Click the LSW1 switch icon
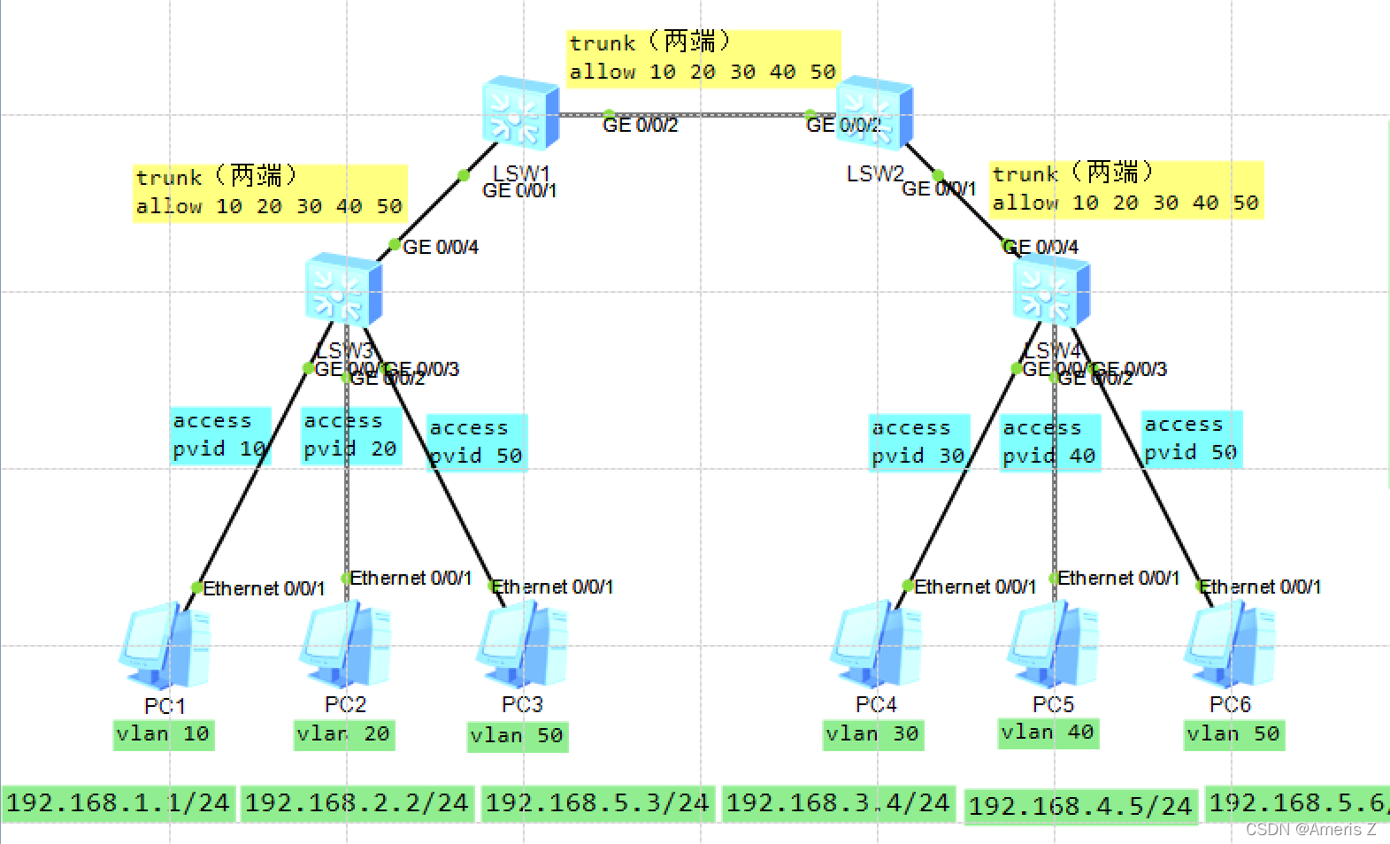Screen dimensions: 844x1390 pos(521,112)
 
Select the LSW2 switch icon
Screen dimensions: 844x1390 pos(875,112)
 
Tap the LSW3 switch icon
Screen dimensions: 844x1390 pos(344,289)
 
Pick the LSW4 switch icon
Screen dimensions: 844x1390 pos(1052,291)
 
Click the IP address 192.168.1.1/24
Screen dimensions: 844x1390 pos(118,803)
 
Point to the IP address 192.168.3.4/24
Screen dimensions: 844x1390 pos(838,803)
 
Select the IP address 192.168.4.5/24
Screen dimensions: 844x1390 pos(1080,806)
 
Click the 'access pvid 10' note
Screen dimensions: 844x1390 pos(219,435)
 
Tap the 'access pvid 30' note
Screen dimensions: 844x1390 pos(918,442)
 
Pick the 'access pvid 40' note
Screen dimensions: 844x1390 pos(1049,442)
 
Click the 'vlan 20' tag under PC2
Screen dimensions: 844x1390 pos(343,734)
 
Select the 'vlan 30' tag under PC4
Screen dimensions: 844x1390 pos(872,734)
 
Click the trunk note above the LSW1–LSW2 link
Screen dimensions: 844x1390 pos(703,58)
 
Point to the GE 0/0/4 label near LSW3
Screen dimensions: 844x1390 pos(441,248)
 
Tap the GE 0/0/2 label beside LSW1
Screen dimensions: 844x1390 pos(640,126)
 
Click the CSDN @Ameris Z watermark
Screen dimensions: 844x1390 pos(1310,830)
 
